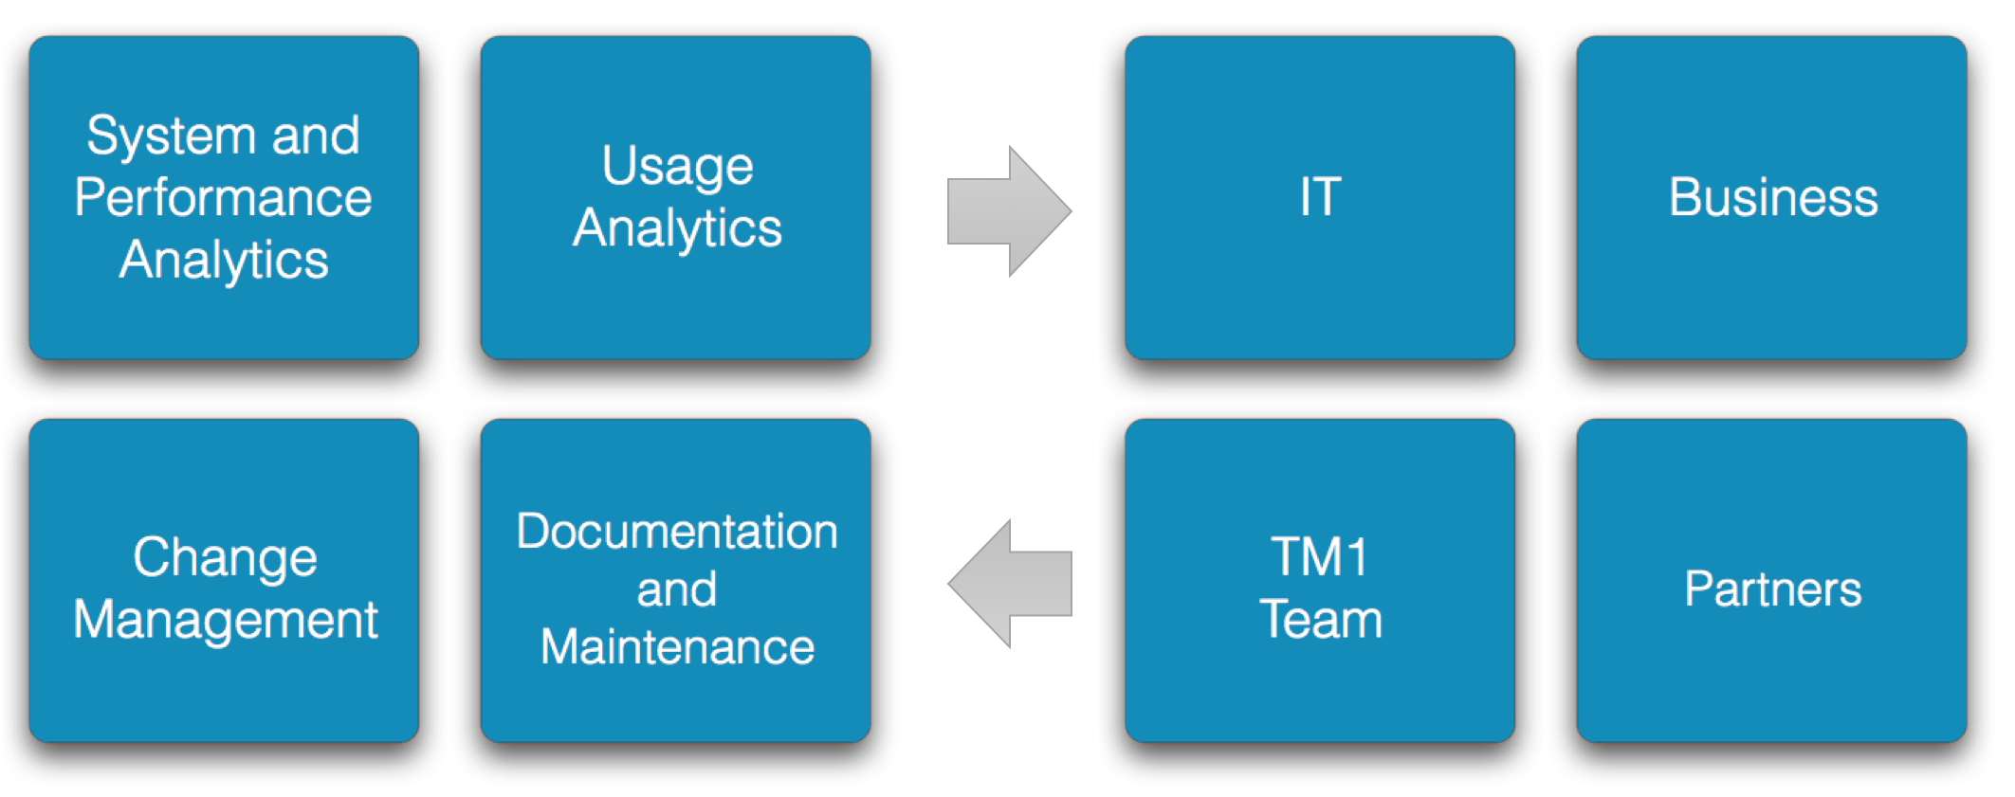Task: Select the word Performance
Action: coord(224,197)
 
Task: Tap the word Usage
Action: coord(677,168)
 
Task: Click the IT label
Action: coord(1320,197)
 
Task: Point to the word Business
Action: coord(1773,197)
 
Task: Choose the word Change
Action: coord(225,558)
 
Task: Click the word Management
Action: coord(226,622)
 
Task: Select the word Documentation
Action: coord(677,531)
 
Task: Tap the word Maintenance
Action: coord(677,647)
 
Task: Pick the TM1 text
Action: coord(1320,556)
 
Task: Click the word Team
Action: coord(1321,620)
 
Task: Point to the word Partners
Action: coord(1773,589)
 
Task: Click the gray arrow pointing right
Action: coord(1009,211)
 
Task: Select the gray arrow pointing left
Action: coord(1009,584)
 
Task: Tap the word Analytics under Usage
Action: coord(677,230)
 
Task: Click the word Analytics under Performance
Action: coord(224,262)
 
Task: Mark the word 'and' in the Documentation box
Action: coord(676,589)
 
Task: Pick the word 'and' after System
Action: coord(316,136)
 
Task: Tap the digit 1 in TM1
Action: coord(1358,556)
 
